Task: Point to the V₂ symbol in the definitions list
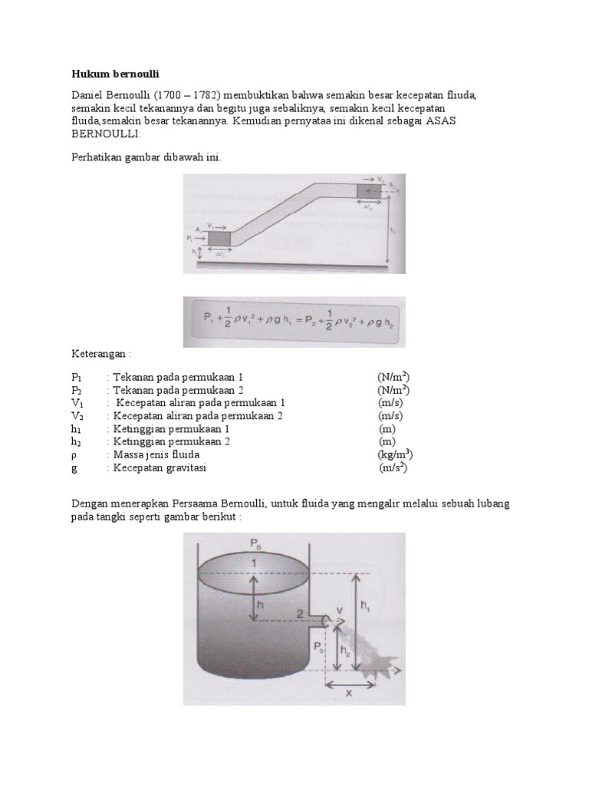[x=77, y=416]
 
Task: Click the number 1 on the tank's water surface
[x=252, y=564]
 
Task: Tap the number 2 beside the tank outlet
[x=302, y=613]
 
